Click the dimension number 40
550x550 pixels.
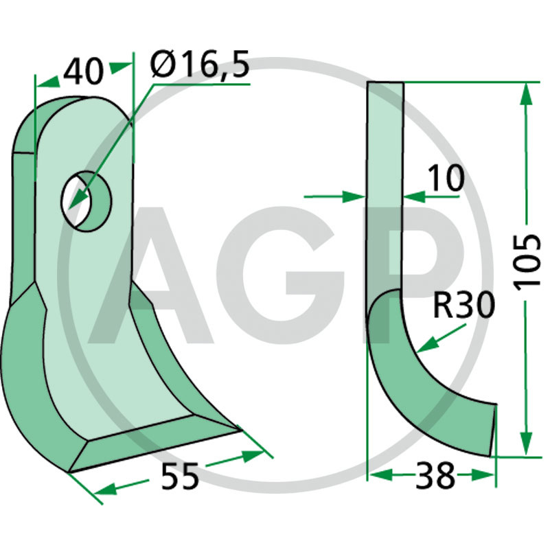(x=84, y=72)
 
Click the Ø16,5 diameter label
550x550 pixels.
(x=200, y=65)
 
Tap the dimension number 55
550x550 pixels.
(x=180, y=476)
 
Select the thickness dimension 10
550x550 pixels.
(x=446, y=179)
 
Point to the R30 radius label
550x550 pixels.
(x=463, y=306)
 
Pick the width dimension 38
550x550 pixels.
(x=435, y=476)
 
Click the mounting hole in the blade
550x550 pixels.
(x=87, y=201)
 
